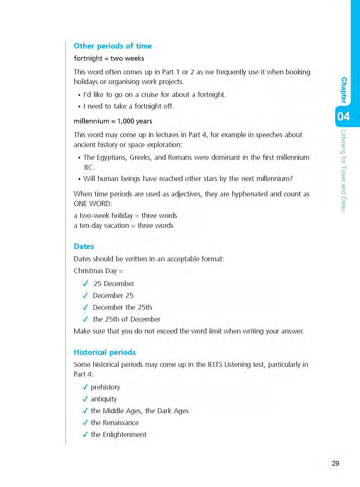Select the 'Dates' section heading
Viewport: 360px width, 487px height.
click(x=84, y=246)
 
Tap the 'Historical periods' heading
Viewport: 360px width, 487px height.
click(x=104, y=352)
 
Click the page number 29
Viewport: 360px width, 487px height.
click(x=335, y=463)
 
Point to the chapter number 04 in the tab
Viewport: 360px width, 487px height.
click(x=343, y=117)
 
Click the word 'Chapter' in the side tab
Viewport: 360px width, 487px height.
click(x=344, y=90)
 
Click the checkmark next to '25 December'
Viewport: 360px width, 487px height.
click(x=85, y=284)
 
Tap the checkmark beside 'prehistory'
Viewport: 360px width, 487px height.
click(x=85, y=387)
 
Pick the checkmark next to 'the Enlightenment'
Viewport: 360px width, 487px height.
click(x=85, y=434)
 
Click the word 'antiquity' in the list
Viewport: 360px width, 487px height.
click(x=103, y=399)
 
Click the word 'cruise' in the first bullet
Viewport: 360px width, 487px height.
click(x=148, y=95)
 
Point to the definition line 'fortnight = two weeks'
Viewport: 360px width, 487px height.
click(x=109, y=58)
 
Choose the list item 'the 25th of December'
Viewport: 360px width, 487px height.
click(x=126, y=319)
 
